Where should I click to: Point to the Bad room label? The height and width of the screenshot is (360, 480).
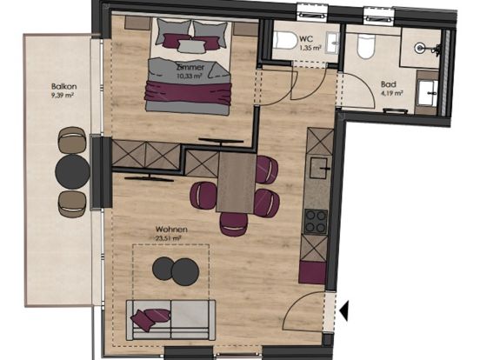coord(388,85)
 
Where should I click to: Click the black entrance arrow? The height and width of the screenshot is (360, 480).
coord(345,309)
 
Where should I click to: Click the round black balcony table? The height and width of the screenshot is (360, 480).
coord(71,170)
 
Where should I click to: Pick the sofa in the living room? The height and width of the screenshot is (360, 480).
coord(170,318)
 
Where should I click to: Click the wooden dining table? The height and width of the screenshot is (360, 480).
coord(233,182)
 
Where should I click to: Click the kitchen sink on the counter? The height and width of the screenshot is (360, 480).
coord(320,169)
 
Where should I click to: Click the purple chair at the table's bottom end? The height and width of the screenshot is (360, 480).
coord(233,224)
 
